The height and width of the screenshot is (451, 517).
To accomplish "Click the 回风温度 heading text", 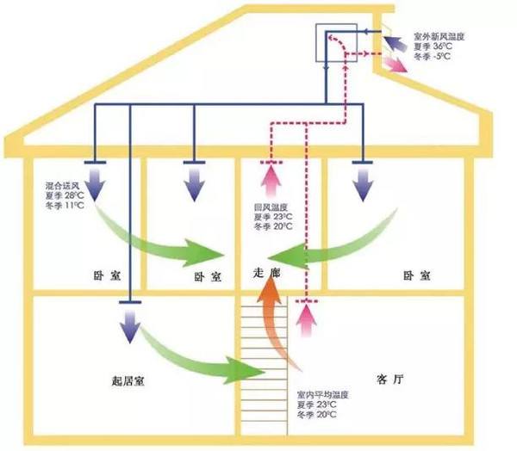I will pos(270,207).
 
